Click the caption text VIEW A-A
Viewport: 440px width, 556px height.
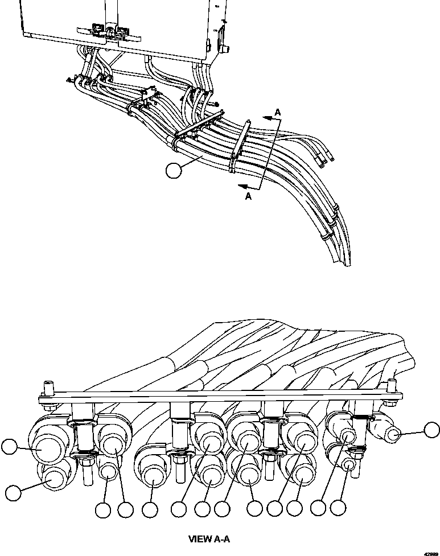(208, 538)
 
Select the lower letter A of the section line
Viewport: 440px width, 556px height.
(248, 196)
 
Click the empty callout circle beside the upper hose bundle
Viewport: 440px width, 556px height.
(172, 170)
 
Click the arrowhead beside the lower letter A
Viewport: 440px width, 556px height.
(242, 186)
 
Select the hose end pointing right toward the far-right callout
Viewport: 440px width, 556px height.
(393, 436)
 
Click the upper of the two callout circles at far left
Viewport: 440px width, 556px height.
(8, 447)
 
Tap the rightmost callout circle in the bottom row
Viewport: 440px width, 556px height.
(339, 508)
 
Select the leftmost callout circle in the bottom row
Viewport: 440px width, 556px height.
(103, 510)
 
